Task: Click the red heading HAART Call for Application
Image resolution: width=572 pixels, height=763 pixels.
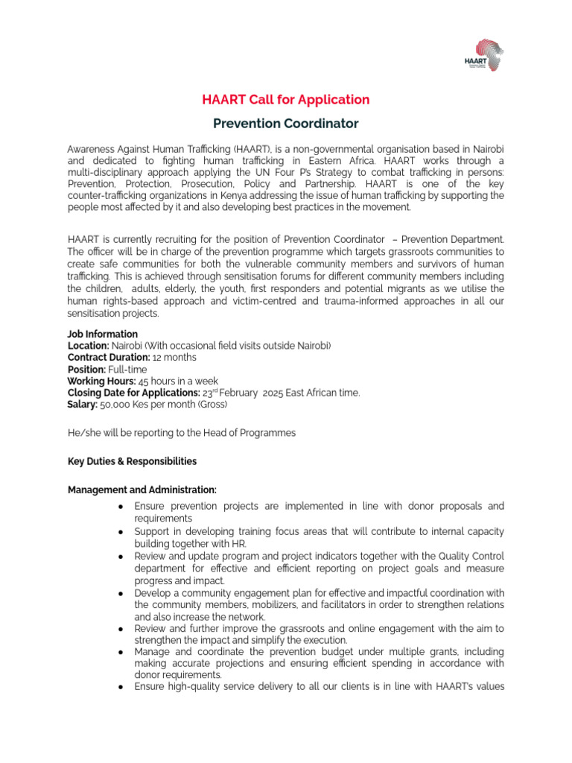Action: pos(286,99)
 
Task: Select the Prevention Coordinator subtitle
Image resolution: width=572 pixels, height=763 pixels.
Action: pos(286,123)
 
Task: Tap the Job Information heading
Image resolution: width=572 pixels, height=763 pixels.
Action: pos(102,335)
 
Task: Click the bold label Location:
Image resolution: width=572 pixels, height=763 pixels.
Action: pos(88,346)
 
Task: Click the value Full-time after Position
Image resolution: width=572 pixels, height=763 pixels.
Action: pos(128,370)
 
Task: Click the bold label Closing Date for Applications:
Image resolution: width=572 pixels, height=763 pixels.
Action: pos(133,393)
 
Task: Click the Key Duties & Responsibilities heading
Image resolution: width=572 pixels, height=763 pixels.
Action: pos(132,461)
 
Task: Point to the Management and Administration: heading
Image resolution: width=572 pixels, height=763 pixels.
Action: pos(142,490)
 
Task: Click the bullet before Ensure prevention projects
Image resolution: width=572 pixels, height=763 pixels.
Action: pos(121,507)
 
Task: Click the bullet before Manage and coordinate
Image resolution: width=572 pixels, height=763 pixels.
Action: pos(121,651)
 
